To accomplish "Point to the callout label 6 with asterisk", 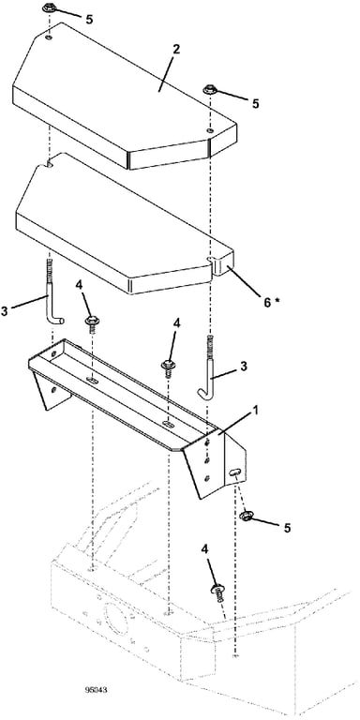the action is tap(271, 302).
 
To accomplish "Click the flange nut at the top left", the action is tap(49, 7).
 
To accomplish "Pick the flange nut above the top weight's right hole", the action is tap(210, 89).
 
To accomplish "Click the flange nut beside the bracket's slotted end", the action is tap(247, 516).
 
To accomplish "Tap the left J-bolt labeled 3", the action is tap(52, 293).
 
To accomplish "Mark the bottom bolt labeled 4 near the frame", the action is tap(217, 592).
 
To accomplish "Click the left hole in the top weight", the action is tap(50, 37).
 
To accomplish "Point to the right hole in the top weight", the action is tap(210, 131).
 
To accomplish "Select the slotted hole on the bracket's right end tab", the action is tap(235, 472).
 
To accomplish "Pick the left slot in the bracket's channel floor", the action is tap(93, 380).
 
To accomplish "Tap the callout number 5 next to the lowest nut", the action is tap(287, 528).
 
